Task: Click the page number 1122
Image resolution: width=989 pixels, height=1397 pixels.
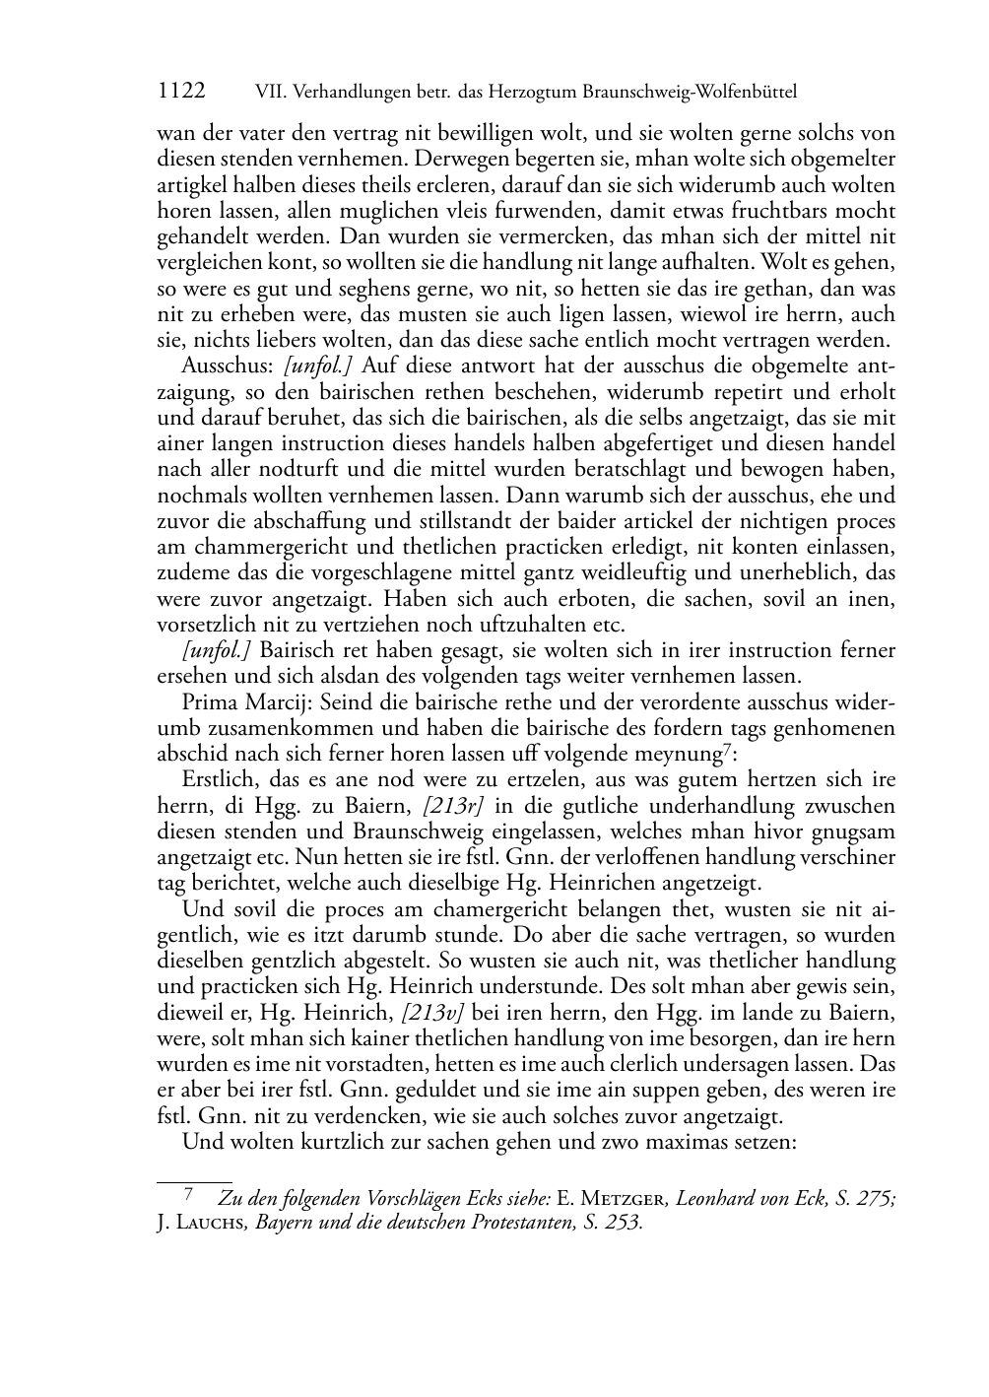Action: click(x=181, y=92)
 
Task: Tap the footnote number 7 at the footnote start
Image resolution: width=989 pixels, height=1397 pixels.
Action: click(x=187, y=1197)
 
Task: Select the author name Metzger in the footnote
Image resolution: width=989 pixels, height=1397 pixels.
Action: click(x=619, y=1199)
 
